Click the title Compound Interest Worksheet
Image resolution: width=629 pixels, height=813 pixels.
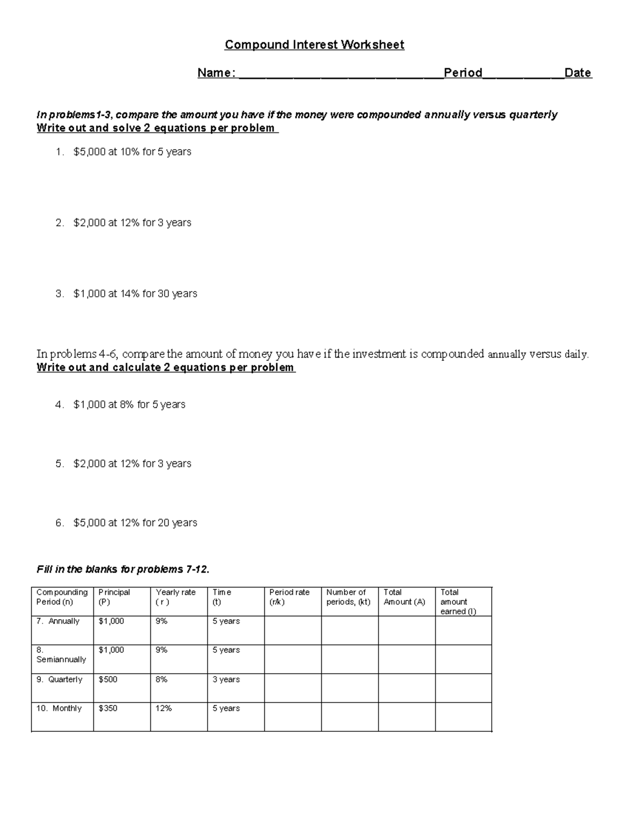tap(314, 45)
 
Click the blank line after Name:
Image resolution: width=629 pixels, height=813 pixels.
tap(341, 74)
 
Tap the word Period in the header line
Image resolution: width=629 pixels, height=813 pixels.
tap(463, 73)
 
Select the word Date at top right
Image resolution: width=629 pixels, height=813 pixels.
tap(578, 73)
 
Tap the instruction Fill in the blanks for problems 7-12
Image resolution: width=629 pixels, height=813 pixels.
tap(123, 570)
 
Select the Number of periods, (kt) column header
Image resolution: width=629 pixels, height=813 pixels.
tap(348, 597)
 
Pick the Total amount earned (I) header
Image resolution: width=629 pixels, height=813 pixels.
tap(458, 602)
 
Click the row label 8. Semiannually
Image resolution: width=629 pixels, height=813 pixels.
tap(61, 655)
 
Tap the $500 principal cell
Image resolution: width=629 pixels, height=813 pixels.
tap(108, 680)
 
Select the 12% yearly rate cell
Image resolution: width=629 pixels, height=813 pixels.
tap(164, 708)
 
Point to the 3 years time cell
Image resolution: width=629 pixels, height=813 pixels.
tap(226, 680)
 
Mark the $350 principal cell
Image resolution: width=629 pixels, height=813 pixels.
tap(108, 708)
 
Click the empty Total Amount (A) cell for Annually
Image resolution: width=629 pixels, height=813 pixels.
tap(406, 630)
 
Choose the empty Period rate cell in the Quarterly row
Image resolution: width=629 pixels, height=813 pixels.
tap(292, 688)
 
